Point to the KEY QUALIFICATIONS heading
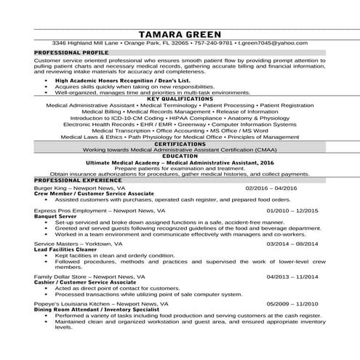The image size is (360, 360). [180, 99]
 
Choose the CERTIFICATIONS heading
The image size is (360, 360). [180, 145]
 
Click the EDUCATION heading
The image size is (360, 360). [180, 156]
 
